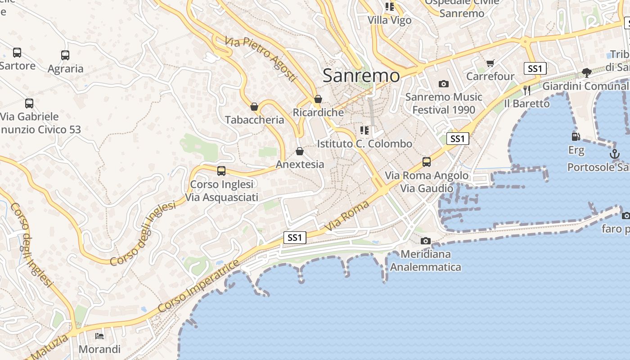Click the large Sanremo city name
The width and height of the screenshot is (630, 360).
click(361, 76)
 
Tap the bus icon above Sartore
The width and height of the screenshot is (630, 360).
click(17, 53)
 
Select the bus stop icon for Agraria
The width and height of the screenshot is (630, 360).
click(65, 55)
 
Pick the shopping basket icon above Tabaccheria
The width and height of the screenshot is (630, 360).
click(254, 107)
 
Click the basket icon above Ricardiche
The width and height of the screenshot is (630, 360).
click(318, 99)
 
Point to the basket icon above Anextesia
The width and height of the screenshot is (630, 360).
click(300, 151)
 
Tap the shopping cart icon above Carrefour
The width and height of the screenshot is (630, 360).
click(490, 63)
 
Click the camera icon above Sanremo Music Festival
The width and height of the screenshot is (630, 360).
click(444, 84)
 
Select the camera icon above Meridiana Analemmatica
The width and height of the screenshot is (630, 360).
click(426, 241)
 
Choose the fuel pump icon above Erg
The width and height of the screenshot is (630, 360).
click(575, 136)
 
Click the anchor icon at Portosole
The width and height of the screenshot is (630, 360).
click(614, 154)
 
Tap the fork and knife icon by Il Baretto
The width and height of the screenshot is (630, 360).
click(526, 90)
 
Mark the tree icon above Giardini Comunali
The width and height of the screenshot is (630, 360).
click(586, 72)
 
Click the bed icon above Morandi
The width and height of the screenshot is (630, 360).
click(99, 336)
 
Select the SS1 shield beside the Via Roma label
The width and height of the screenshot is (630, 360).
click(295, 237)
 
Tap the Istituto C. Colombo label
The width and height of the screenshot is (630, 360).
click(364, 144)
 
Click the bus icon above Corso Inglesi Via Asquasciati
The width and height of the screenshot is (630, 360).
click(221, 171)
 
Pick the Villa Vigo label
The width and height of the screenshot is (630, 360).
click(390, 20)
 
